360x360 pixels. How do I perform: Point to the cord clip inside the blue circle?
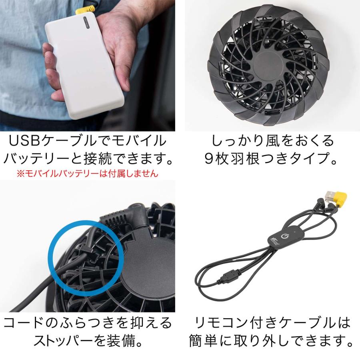(86, 250)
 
